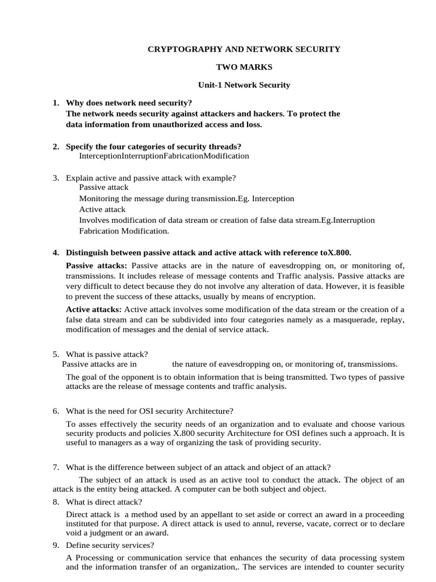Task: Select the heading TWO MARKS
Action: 244,67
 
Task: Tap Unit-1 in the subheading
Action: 209,85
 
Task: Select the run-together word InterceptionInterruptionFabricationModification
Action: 163,156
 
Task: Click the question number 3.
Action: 56,178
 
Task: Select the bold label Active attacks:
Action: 94,309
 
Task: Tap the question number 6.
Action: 56,411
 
